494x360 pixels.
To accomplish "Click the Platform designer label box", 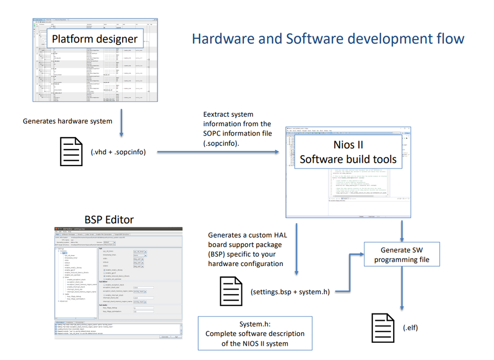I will tap(95, 39).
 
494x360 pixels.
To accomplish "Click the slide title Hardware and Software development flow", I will tap(328, 39).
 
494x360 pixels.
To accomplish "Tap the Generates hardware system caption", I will tap(68, 121).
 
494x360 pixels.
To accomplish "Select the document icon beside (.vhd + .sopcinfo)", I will tap(71, 151).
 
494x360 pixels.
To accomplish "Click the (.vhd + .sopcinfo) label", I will tap(118, 152).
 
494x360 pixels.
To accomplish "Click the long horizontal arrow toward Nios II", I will tap(218, 152).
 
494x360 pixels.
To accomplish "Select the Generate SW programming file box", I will tap(401, 255).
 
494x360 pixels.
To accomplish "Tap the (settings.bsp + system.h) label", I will tap(290, 292).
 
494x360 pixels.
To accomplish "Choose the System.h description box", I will tap(255, 333).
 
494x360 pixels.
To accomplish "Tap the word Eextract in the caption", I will tap(218, 114).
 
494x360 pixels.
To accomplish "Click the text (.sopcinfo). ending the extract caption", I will tap(221, 142).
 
